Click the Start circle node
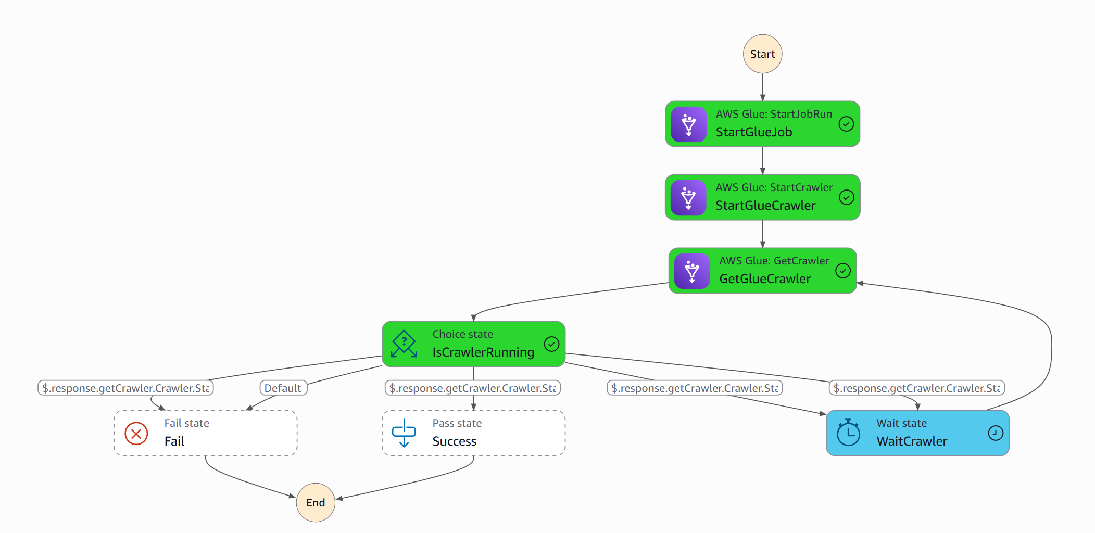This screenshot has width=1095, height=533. coord(762,54)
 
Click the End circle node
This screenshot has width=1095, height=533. coord(316,502)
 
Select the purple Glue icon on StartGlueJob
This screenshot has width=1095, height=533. coord(688,124)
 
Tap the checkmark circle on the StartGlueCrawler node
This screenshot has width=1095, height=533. coord(847,197)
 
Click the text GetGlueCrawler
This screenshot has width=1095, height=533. coord(764,279)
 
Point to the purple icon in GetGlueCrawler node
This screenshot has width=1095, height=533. coord(691,271)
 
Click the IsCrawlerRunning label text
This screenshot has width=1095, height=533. coord(483,352)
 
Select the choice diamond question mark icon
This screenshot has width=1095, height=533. coord(404,344)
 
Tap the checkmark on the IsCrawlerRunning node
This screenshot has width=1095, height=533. coord(551,344)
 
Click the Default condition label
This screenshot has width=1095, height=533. coord(283,388)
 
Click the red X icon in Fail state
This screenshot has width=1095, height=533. coord(136,433)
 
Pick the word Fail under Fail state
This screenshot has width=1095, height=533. coord(174,441)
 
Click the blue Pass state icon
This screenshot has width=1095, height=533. coord(404,433)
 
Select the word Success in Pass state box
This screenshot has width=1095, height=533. coord(454,441)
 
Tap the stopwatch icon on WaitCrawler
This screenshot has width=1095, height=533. coord(848,433)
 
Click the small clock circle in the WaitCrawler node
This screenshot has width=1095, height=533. coord(995,433)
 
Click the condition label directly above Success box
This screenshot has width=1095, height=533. coord(472,388)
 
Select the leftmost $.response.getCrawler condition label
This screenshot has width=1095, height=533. coord(125,388)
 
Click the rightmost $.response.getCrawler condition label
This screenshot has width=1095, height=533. coord(916,388)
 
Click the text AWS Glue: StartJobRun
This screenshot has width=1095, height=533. coord(774,114)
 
